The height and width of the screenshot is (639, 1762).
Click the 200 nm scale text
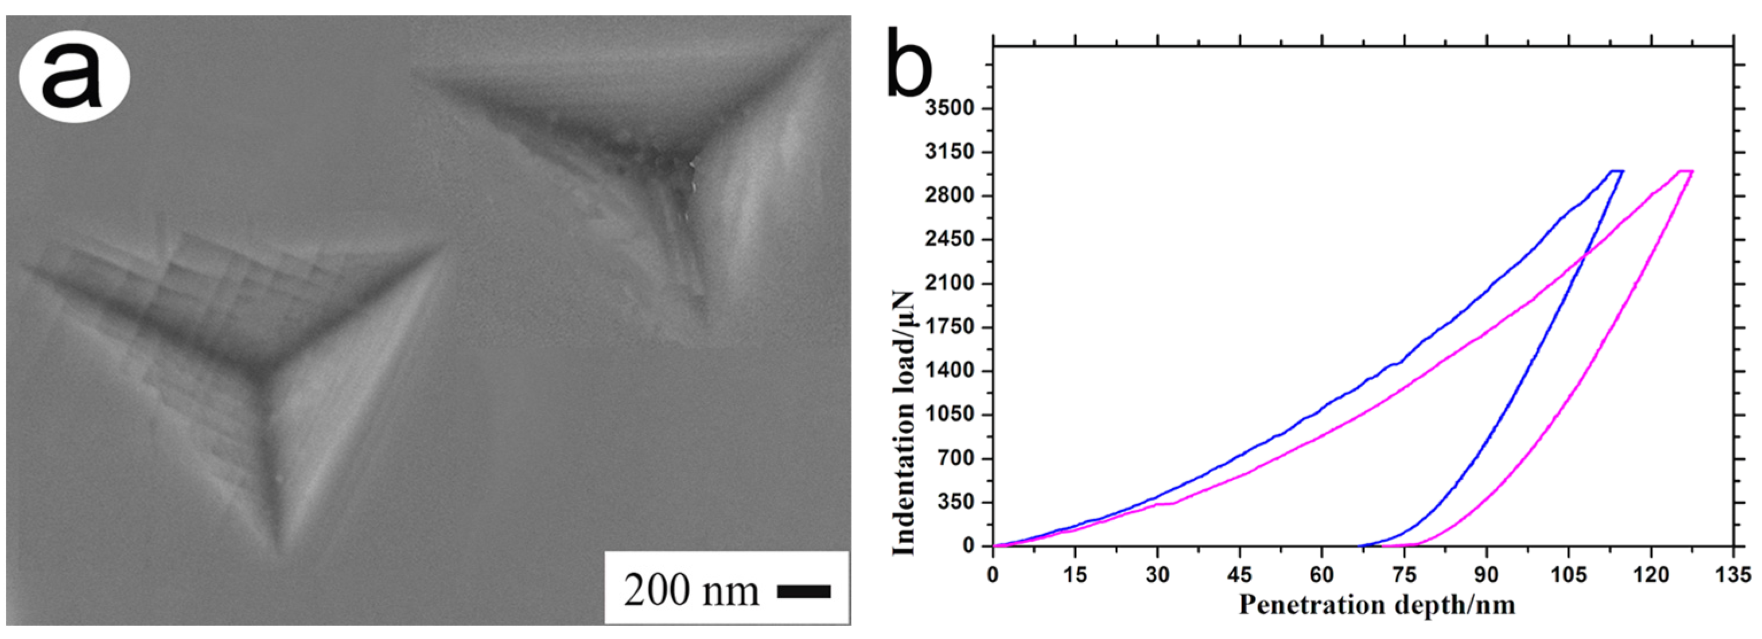click(x=691, y=590)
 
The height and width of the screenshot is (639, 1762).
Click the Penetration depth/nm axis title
click(x=1376, y=605)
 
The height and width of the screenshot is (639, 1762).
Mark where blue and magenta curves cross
click(x=1584, y=256)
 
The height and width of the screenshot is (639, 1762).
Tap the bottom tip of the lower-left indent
click(x=277, y=553)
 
